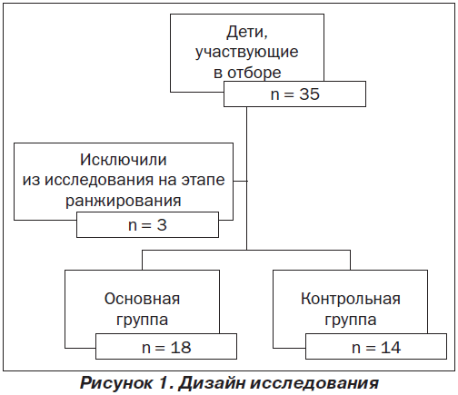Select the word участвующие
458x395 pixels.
tap(247, 53)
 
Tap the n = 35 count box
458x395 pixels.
tap(294, 94)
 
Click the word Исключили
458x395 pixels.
tap(124, 160)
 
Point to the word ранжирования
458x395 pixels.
tap(124, 201)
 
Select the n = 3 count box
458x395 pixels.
tap(147, 224)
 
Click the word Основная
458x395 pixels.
tap(142, 299)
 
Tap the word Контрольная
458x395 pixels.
tap(351, 299)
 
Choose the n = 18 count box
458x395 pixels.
tap(166, 347)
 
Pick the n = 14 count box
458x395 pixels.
tap(376, 347)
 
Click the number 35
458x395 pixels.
tap(309, 94)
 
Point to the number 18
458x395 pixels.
tap(181, 348)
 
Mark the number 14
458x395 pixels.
tap(391, 348)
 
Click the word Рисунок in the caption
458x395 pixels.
tap(116, 383)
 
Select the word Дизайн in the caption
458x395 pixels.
tap(212, 382)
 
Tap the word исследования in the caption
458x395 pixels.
tap(314, 384)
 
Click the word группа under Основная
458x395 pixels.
tap(142, 321)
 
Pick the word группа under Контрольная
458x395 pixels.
tap(351, 321)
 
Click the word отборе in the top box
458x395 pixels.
tap(254, 73)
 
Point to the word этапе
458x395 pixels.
tap(203, 180)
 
